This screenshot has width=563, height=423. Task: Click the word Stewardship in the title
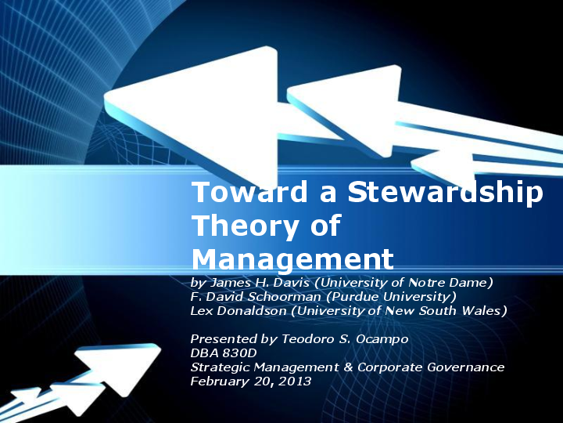coord(445,193)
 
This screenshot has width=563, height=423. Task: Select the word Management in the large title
coord(292,258)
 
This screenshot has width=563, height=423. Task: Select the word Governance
coord(468,367)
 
